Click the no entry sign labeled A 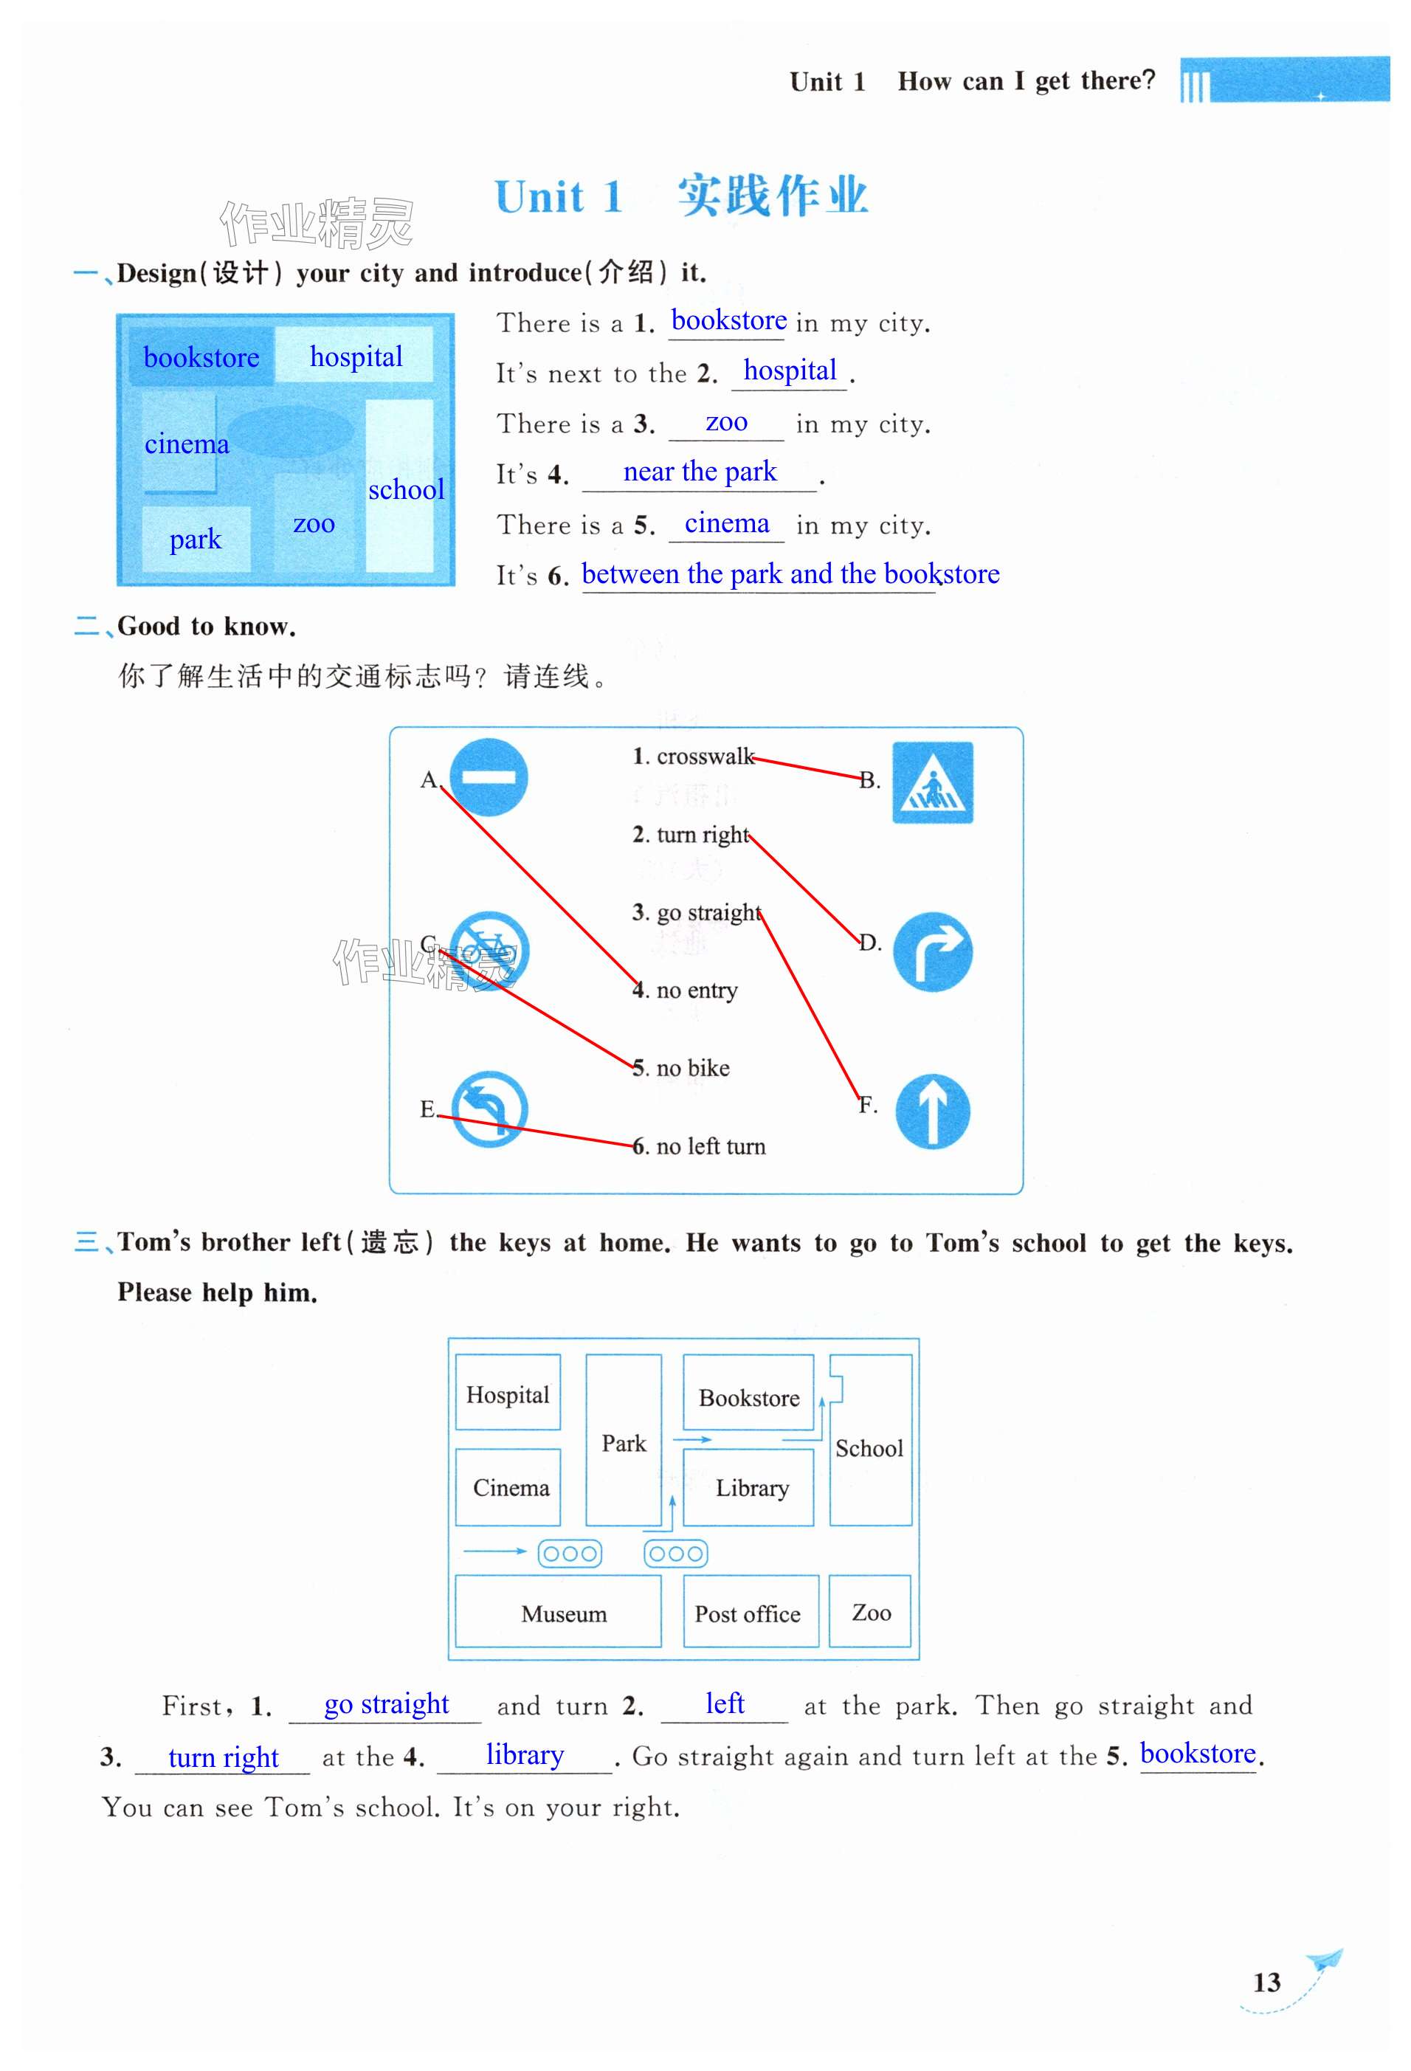487,777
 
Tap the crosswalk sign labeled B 932,782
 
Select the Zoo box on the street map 869,1611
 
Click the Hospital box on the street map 508,1393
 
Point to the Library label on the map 752,1487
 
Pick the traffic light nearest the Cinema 569,1553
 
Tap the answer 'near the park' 700,472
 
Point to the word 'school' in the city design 405,489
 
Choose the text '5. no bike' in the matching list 681,1067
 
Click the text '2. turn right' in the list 691,834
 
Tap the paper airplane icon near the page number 1325,1960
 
